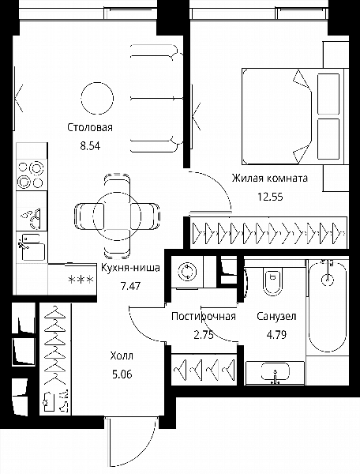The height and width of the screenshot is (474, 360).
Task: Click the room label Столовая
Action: click(x=90, y=127)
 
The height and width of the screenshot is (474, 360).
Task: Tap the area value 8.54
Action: click(x=90, y=146)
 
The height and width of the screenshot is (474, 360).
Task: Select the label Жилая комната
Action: click(x=270, y=178)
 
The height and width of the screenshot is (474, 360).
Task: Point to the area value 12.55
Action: click(x=270, y=197)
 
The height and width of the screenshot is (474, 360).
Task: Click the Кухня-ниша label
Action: click(x=130, y=268)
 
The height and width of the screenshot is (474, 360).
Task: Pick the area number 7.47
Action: click(x=130, y=286)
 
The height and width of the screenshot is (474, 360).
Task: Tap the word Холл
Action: click(x=122, y=355)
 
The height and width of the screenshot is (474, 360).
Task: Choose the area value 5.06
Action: click(x=122, y=374)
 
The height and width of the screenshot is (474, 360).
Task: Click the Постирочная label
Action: click(x=204, y=317)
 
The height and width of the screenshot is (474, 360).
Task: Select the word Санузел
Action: click(x=276, y=317)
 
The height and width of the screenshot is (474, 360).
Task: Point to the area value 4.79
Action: click(x=276, y=335)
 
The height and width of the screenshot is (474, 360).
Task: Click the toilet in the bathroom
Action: click(x=272, y=280)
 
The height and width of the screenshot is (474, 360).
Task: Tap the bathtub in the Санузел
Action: click(x=328, y=305)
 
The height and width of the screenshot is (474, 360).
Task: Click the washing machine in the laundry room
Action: click(x=187, y=272)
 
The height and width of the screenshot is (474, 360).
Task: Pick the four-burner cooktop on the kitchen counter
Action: click(x=32, y=175)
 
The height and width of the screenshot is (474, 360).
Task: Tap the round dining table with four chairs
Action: click(x=117, y=216)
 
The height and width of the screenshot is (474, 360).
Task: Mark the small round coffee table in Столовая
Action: click(x=98, y=98)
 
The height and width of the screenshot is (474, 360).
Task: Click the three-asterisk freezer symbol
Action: click(x=81, y=280)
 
